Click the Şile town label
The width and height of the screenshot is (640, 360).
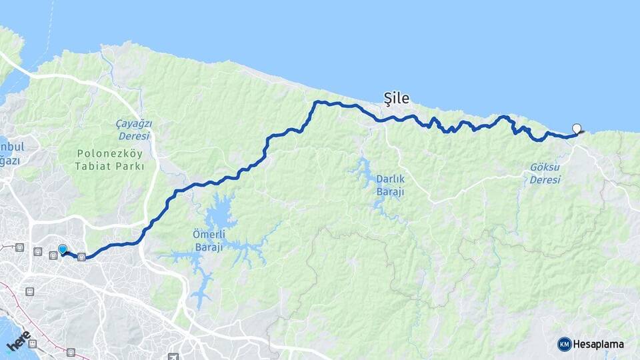[396, 98]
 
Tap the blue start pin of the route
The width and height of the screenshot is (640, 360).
[62, 249]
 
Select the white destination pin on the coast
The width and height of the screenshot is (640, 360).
[577, 129]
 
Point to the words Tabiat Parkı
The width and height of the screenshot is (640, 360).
[110, 167]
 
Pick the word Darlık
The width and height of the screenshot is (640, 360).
[390, 179]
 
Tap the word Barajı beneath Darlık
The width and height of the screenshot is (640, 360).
[390, 192]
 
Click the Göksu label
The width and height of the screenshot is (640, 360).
[545, 167]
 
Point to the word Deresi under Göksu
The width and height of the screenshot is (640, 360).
[545, 180]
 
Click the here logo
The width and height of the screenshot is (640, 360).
[18, 341]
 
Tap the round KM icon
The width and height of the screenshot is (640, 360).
[565, 344]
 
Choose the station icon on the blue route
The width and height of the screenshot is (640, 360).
[81, 257]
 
